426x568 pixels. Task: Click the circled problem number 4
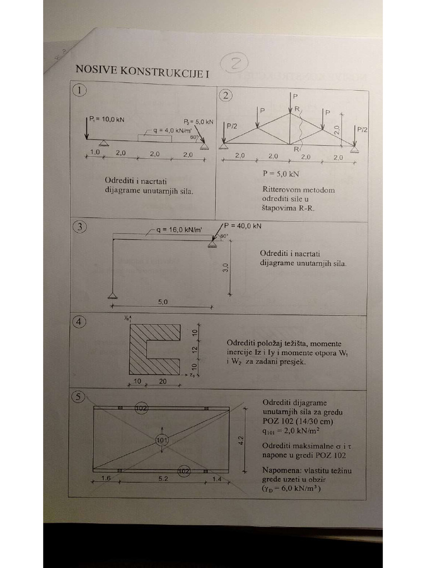(x=80, y=322)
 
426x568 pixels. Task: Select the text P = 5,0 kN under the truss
(x=281, y=173)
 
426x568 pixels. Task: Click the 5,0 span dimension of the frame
(x=163, y=302)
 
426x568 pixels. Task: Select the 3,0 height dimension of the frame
(x=225, y=268)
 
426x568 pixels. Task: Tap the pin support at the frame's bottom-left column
(x=113, y=295)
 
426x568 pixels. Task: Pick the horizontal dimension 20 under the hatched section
(x=163, y=381)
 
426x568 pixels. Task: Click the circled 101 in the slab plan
(x=161, y=440)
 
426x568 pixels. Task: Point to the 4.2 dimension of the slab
(x=240, y=440)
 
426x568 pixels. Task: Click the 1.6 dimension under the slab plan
(x=106, y=477)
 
